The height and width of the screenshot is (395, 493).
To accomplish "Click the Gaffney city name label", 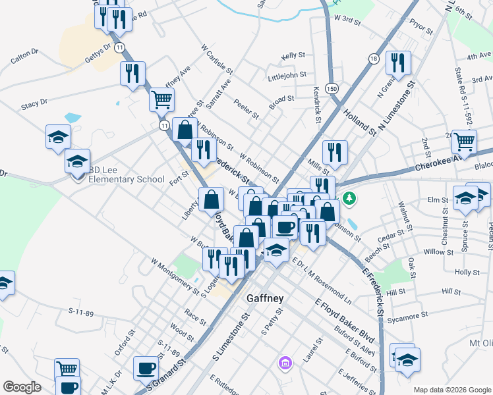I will [265, 298].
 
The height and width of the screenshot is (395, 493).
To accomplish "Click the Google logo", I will [22, 386].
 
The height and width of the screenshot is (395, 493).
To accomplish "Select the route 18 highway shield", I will [374, 59].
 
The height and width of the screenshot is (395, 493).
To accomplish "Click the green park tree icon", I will [349, 197].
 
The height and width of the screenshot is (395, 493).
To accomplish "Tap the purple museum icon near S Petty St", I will [285, 362].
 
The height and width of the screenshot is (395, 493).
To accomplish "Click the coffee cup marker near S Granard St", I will [146, 369].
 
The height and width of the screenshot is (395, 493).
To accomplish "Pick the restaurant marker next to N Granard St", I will [397, 63].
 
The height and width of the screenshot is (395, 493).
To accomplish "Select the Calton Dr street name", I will [24, 59].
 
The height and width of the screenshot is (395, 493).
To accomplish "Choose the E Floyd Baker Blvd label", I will [344, 321].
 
